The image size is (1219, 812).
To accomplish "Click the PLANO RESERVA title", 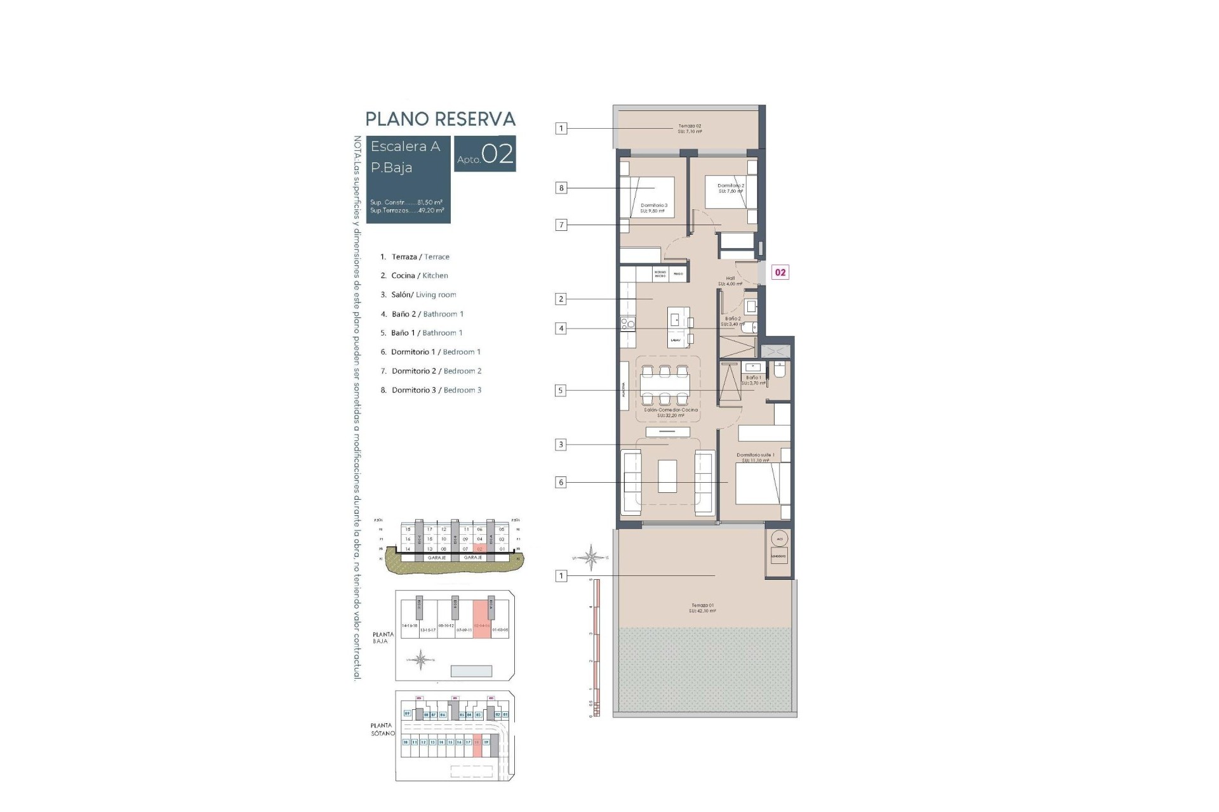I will [440, 119].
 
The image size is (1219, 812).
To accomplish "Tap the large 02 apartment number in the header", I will [497, 154].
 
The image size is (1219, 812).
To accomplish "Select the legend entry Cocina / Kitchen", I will [419, 275].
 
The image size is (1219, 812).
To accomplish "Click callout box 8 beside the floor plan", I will [561, 188].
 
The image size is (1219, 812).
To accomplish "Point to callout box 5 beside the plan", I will [560, 391].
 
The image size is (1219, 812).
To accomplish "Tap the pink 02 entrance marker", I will [780, 273].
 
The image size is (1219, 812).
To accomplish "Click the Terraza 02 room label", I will [689, 129].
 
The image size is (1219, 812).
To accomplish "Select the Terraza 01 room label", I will [702, 608].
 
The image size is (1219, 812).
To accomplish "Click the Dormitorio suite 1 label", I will [756, 457].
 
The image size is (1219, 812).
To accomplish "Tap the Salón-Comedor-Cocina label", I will [670, 412].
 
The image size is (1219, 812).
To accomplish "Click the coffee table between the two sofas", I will [667, 476].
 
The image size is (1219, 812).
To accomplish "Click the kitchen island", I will [676, 327].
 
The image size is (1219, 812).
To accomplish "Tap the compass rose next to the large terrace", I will [590, 558].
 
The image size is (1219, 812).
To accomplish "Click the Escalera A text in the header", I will [405, 147].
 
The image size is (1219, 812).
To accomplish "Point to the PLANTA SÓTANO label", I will [383, 730].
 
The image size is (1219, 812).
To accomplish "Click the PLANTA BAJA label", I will [383, 638].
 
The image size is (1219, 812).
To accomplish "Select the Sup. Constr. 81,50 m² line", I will [406, 202].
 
